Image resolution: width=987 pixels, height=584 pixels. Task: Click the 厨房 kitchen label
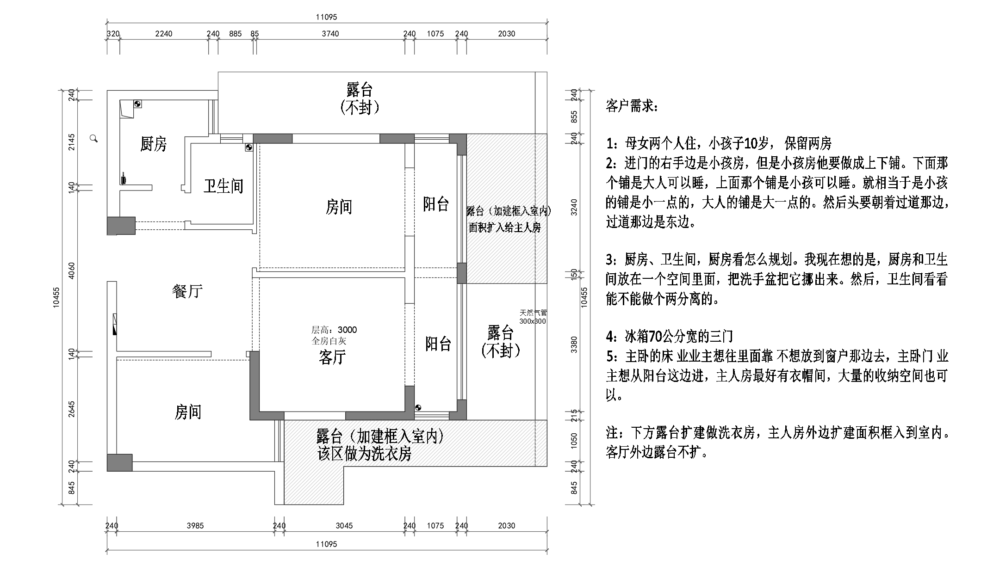click(153, 144)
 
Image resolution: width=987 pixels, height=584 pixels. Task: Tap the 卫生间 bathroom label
click(223, 186)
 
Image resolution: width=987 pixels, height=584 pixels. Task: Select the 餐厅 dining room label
click(187, 291)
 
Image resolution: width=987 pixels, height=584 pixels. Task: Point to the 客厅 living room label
click(332, 357)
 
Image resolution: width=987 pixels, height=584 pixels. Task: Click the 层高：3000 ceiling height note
click(334, 330)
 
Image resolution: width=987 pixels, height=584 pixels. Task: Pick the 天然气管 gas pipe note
click(533, 313)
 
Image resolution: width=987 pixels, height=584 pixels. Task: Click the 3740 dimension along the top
click(330, 34)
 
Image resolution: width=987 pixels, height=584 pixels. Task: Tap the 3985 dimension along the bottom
click(195, 526)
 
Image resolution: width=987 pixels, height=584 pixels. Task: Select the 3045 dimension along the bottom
click(344, 526)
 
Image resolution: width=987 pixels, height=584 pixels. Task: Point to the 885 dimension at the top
click(235, 34)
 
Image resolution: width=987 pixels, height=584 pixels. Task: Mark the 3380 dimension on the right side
click(574, 344)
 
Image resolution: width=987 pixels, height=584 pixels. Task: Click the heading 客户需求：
click(631, 107)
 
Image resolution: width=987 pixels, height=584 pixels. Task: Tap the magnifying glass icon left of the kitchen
click(94, 138)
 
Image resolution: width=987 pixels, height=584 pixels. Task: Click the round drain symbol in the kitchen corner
click(137, 104)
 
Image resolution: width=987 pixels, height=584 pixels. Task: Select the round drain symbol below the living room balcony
click(418, 407)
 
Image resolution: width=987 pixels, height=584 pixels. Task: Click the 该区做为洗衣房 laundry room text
click(364, 454)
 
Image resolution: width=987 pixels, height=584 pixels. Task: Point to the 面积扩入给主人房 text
click(504, 227)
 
